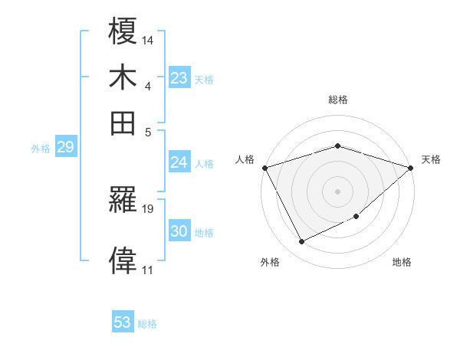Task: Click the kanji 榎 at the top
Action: point(123,34)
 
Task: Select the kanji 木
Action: point(123,78)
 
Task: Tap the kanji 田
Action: point(123,123)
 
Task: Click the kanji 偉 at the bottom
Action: point(123,259)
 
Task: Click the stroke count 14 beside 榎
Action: point(148,39)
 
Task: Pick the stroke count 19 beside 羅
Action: point(148,208)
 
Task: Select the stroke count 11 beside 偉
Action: point(147,270)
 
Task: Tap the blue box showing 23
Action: point(179,78)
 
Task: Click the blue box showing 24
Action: point(179,162)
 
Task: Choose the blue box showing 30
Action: point(179,231)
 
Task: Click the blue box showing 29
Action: point(65,147)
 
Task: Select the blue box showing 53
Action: point(123,322)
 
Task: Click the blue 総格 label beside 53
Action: point(147,324)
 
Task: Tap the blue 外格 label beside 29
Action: point(41,149)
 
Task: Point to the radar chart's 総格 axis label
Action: point(337,100)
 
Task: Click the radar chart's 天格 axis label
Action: point(431,159)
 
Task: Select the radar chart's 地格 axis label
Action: point(402,262)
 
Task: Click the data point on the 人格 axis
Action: point(264,168)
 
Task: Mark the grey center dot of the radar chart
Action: point(337,191)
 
